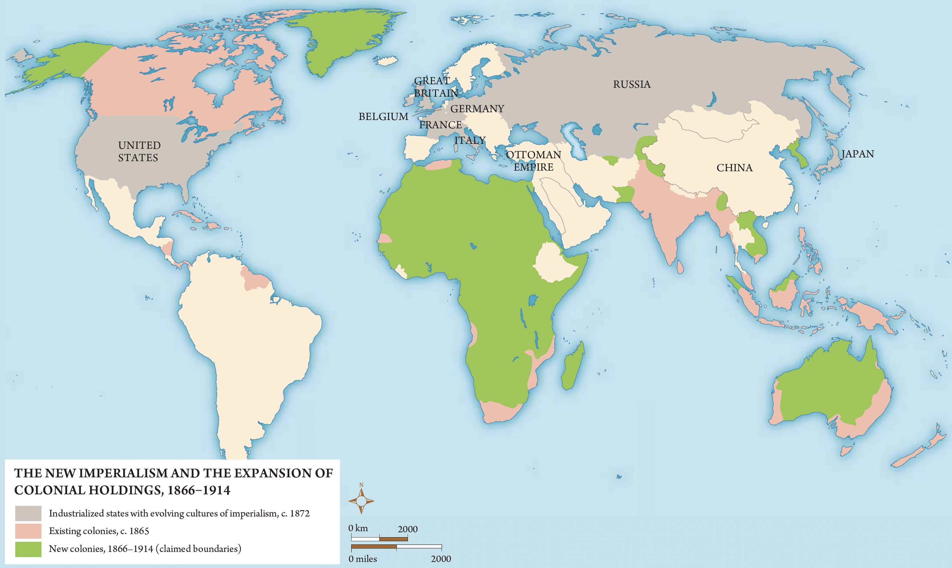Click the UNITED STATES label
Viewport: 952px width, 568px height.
pos(139,151)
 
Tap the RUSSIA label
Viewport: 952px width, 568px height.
pos(631,84)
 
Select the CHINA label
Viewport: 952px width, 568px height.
pos(734,168)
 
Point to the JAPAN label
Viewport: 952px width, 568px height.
pos(857,154)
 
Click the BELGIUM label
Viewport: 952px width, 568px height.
pos(383,116)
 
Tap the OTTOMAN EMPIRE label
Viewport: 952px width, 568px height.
pos(533,161)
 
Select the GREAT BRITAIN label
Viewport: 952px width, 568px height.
pos(435,87)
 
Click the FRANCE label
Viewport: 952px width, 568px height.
pos(440,125)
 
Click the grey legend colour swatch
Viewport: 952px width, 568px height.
pos(28,513)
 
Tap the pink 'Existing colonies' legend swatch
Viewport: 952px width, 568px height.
pos(28,531)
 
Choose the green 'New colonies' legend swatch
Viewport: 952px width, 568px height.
pos(28,549)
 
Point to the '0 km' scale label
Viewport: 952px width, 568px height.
pos(358,528)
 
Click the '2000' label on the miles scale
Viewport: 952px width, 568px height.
pos(440,558)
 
